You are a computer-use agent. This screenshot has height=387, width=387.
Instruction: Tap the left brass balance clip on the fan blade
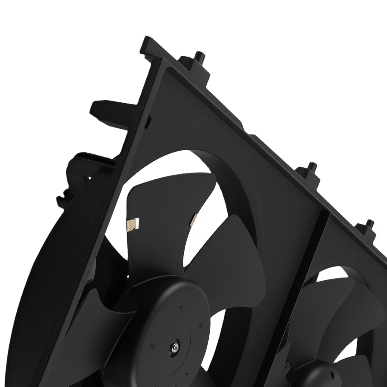(134, 223)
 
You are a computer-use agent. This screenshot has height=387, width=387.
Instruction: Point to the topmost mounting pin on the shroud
(200, 57)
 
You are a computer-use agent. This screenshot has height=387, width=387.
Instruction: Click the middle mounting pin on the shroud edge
(312, 170)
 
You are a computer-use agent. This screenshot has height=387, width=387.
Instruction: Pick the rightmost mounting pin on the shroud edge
(370, 225)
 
